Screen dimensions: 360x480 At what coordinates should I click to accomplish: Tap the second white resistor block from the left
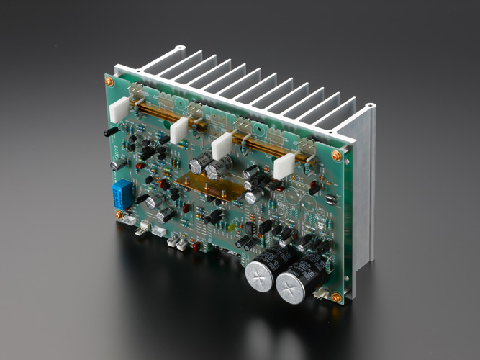coord(178,131)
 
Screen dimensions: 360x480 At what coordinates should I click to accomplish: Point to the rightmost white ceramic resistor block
coord(284,167)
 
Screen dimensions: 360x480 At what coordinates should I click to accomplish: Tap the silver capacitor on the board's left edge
coord(114,166)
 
